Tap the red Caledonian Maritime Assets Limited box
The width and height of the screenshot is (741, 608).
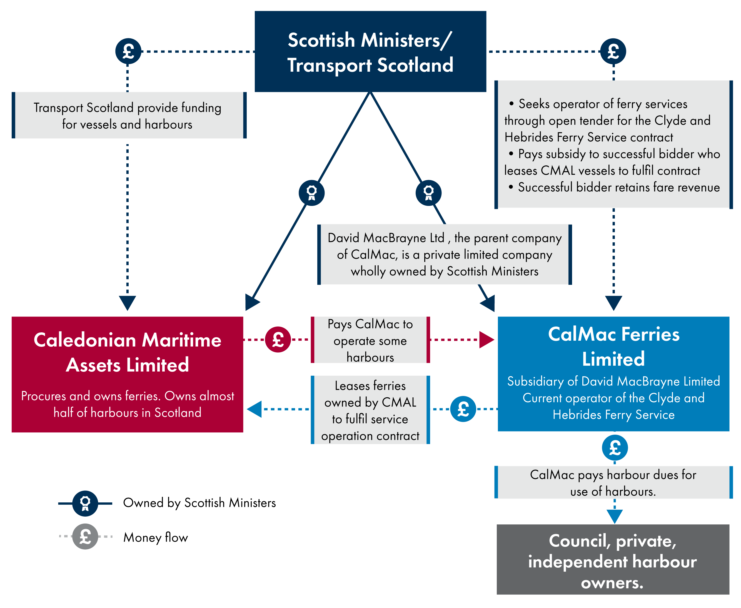click(127, 374)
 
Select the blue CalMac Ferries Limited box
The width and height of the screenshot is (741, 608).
click(613, 373)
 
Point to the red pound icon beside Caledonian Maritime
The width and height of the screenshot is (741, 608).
click(278, 339)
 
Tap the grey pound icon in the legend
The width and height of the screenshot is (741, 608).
click(85, 536)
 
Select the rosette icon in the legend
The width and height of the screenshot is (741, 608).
click(85, 503)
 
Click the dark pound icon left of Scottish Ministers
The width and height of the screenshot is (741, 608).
click(128, 51)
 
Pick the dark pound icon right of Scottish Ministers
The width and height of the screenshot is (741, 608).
click(613, 51)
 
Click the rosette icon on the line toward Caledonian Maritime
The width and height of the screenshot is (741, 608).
click(311, 193)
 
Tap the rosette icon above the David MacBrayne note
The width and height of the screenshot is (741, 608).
click(428, 193)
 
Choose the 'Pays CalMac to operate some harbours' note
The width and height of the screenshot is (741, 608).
click(370, 340)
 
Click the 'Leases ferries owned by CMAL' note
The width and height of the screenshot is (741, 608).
click(370, 410)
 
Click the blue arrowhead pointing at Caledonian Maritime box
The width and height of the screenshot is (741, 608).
click(255, 409)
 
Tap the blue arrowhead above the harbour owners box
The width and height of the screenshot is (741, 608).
click(615, 516)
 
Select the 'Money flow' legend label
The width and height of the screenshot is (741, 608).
click(156, 537)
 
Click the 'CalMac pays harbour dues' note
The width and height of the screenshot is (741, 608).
click(613, 482)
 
